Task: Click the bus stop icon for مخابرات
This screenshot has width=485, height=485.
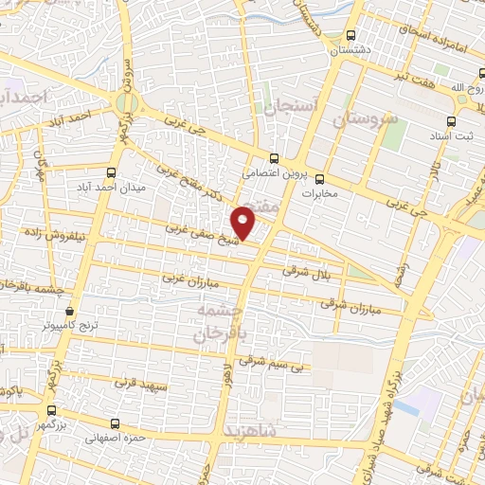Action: pos(319,178)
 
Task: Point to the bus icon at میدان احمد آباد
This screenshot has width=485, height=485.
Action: pos(112,172)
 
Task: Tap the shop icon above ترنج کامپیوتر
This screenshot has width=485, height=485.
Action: pos(68,311)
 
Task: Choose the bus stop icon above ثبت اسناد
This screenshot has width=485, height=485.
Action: pos(450,121)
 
